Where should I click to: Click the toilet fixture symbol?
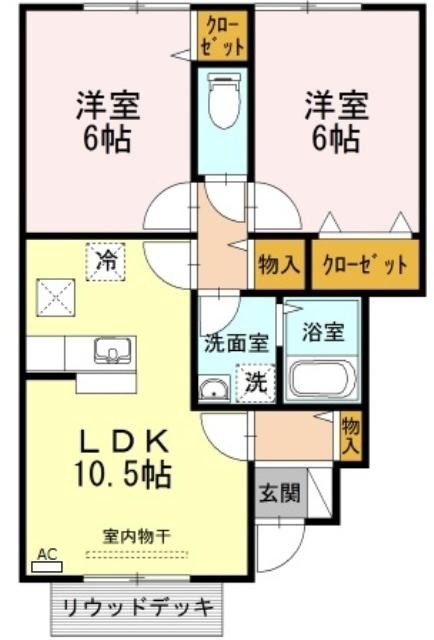[223, 100]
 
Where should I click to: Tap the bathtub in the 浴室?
[322, 378]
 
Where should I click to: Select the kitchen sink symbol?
[114, 351]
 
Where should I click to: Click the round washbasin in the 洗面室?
[214, 390]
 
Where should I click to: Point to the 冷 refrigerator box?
[105, 262]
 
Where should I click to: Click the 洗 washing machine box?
[256, 383]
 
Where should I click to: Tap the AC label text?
[47, 554]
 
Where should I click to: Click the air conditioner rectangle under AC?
[47, 567]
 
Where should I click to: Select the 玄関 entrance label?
[280, 493]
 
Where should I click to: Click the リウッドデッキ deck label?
[138, 609]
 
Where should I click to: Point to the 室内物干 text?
[136, 536]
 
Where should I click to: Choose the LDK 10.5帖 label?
[122, 458]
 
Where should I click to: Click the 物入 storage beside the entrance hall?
[351, 437]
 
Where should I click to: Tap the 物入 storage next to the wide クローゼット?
[280, 264]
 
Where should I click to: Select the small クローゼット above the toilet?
[223, 36]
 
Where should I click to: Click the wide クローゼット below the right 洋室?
[365, 264]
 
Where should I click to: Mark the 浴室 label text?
[323, 332]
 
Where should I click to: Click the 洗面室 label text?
[236, 343]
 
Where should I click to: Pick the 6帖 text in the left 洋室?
[107, 139]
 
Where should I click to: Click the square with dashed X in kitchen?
[56, 298]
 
